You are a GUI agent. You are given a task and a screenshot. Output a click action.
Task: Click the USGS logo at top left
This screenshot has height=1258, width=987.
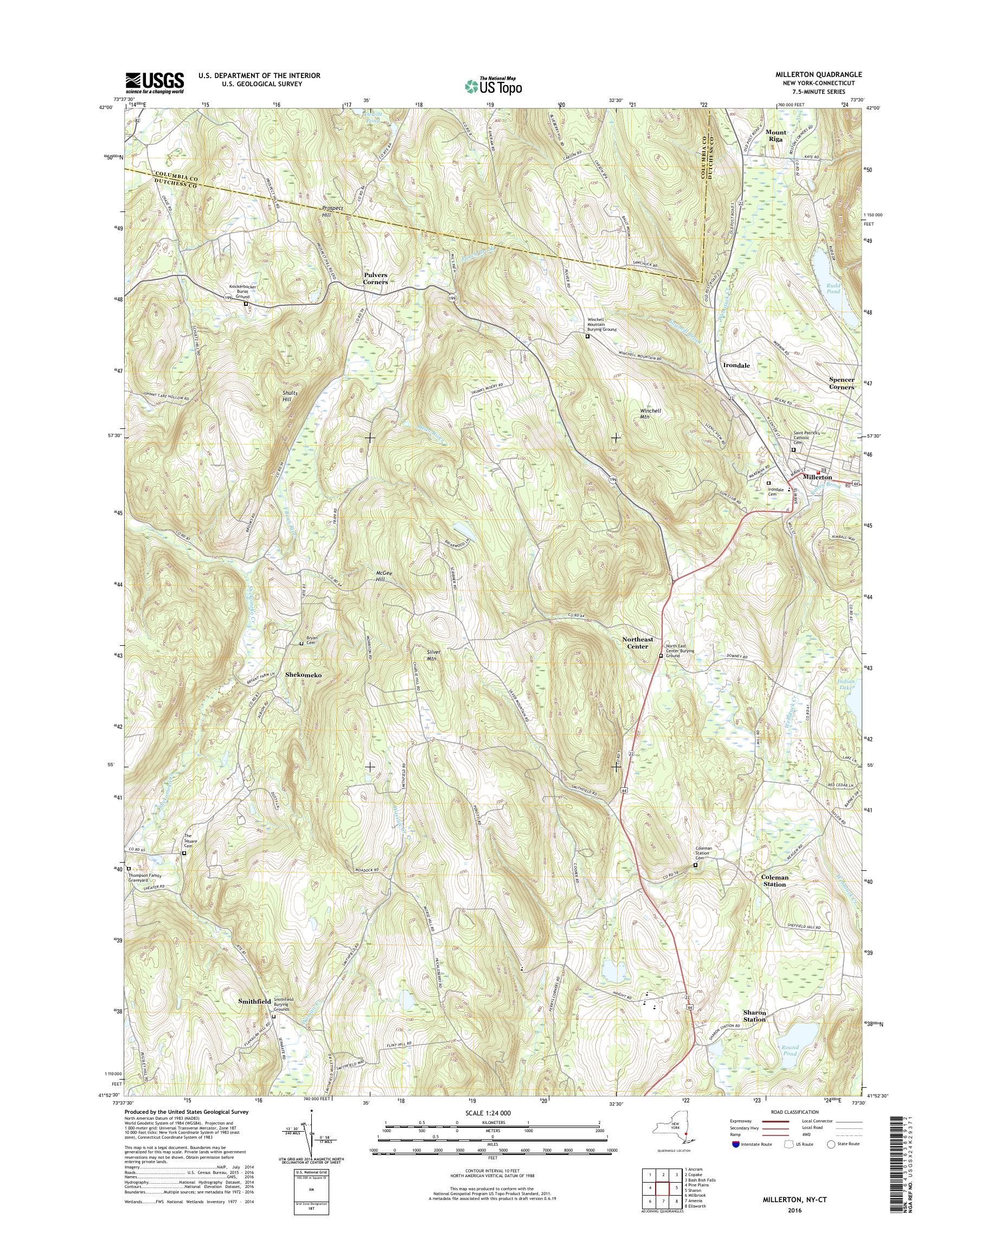155,82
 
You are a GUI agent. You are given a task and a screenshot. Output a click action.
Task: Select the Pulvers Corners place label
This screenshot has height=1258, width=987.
375,279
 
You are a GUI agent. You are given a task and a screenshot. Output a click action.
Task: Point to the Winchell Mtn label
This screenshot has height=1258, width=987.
650,414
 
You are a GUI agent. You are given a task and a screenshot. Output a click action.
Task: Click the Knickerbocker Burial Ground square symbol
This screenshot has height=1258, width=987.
246,303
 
